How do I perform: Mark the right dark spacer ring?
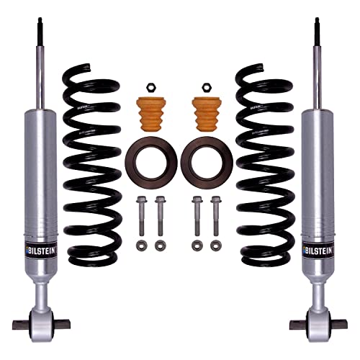point(206,159)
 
